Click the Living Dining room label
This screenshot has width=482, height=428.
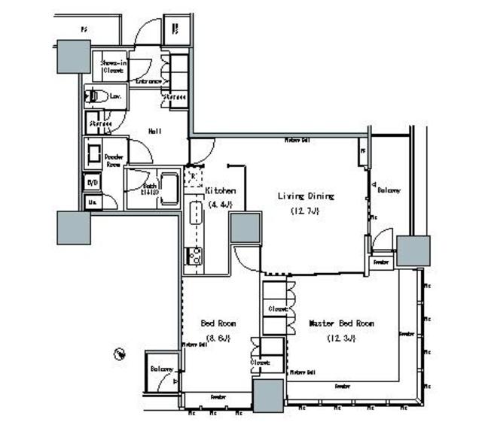tap(306, 196)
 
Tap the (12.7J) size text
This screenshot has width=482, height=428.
tap(306, 211)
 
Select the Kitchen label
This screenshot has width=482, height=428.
tap(221, 191)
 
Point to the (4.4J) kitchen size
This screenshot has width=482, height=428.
tap(221, 204)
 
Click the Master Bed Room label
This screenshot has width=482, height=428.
tap(342, 323)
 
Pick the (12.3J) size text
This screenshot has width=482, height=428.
tap(341, 338)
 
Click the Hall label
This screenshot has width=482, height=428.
tap(154, 131)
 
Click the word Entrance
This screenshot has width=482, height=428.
tap(149, 80)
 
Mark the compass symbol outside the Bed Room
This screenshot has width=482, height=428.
tap(120, 354)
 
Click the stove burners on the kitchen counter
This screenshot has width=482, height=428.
tap(194, 256)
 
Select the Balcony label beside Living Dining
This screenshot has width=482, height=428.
tap(389, 190)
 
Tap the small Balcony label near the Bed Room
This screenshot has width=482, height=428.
tap(161, 369)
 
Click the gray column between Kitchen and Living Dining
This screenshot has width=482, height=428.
tap(245, 228)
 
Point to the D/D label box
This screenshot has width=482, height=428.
tap(93, 182)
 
